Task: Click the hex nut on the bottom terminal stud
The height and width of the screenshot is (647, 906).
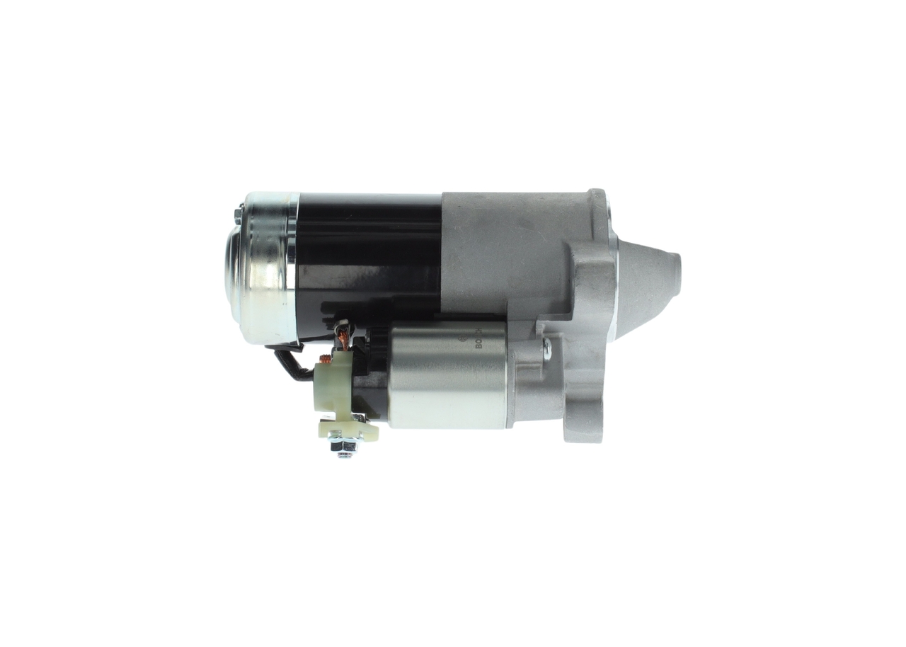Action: coord(345,445)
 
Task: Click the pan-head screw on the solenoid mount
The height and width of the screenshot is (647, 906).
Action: coord(546,349)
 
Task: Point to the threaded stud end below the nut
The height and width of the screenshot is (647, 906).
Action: coord(345,454)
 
